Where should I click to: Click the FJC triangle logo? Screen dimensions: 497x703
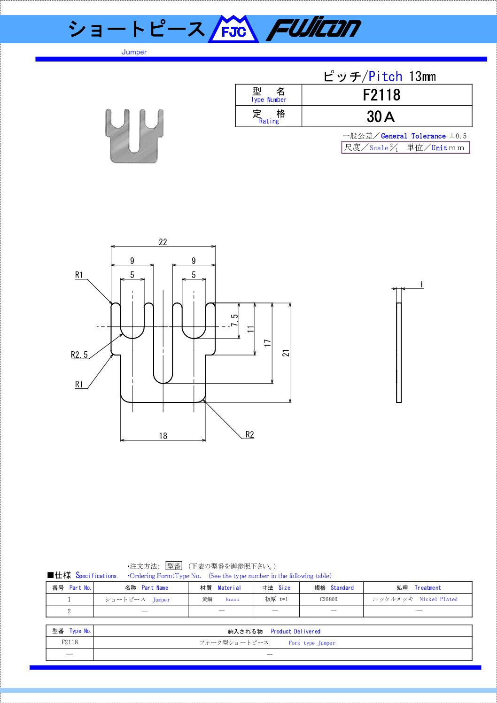click(x=233, y=29)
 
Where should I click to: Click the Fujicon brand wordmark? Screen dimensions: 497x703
click(x=314, y=30)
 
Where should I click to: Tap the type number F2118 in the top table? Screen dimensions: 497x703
click(x=381, y=95)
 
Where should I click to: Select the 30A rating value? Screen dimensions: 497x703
click(x=381, y=117)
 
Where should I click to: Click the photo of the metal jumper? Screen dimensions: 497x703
click(x=134, y=136)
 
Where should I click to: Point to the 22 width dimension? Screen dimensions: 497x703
click(x=163, y=242)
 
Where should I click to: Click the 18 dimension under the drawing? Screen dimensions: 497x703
click(x=163, y=436)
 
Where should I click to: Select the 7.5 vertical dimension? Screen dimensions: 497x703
click(x=234, y=320)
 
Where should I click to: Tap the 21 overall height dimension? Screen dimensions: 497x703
click(x=286, y=353)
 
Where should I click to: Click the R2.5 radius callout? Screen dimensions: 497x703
click(x=79, y=355)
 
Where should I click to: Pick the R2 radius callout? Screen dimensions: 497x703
click(x=249, y=435)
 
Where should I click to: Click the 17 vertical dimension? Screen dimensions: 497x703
click(x=267, y=342)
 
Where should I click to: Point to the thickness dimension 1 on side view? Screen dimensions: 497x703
click(x=421, y=285)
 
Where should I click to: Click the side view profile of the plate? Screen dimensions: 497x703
click(x=399, y=353)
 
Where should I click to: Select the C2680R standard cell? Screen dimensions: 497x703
click(x=328, y=599)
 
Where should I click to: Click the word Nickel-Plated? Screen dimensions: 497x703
click(x=438, y=599)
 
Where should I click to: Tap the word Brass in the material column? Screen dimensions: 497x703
click(x=233, y=599)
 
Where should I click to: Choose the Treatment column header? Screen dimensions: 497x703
click(x=427, y=587)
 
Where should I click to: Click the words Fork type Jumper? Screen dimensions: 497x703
click(x=312, y=643)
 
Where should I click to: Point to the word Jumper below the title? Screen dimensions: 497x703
click(x=134, y=52)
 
